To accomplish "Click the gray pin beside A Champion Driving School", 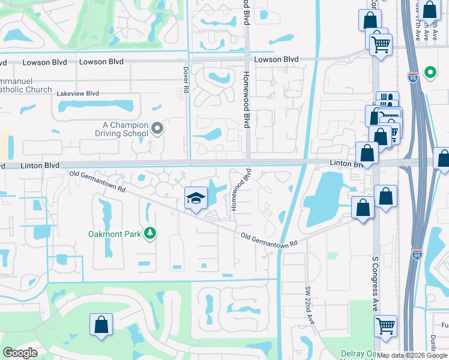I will click(x=157, y=128).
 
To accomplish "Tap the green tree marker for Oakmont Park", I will click(x=149, y=233).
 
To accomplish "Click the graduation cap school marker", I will click(x=196, y=199).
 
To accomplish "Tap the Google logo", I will click(x=20, y=353).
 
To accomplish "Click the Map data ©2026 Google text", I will click(x=412, y=355).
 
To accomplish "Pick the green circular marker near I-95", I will click(x=430, y=73).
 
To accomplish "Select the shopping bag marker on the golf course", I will click(x=101, y=325).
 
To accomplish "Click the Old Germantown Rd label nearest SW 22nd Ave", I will click(x=269, y=239).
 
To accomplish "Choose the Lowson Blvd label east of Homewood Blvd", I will click(x=276, y=59).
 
